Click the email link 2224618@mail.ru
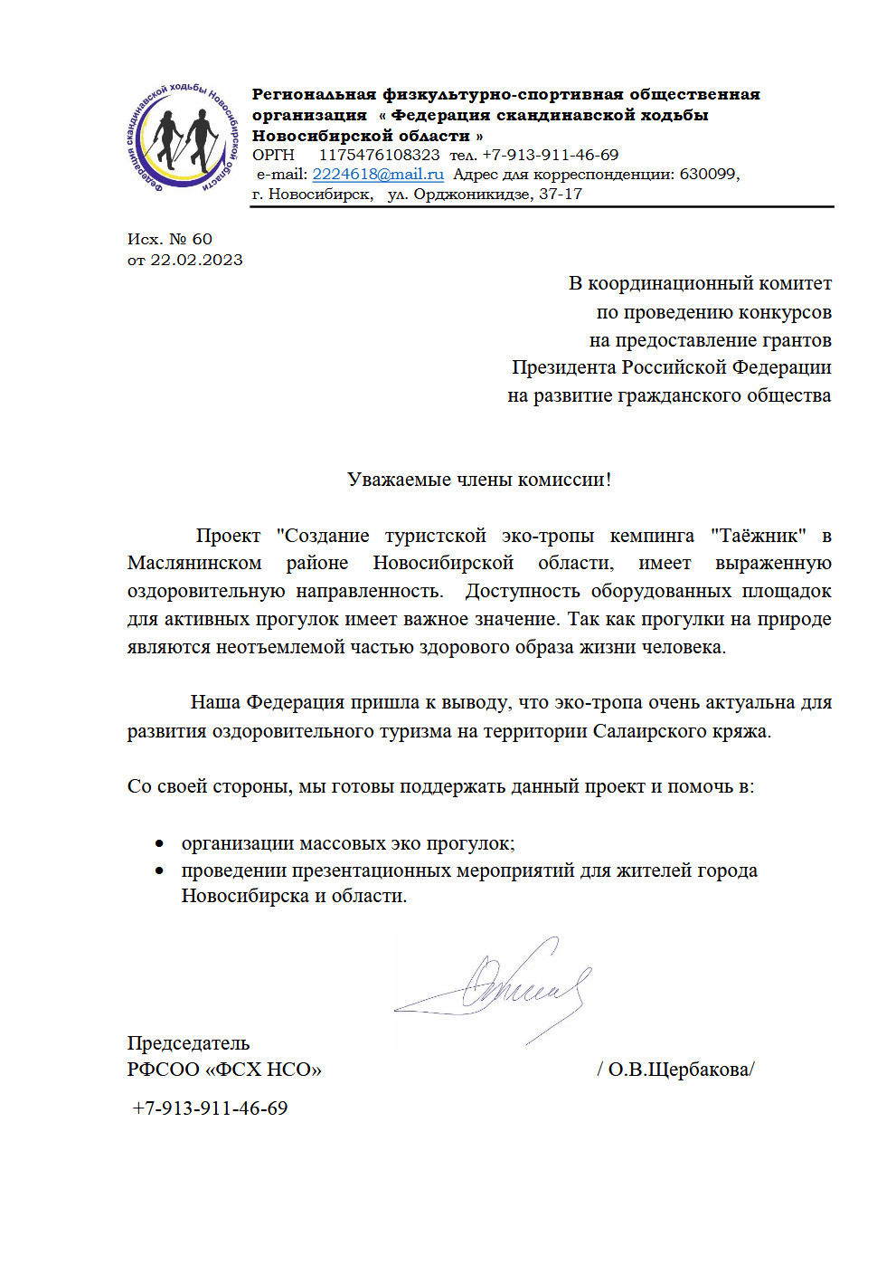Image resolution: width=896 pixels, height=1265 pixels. point(378,175)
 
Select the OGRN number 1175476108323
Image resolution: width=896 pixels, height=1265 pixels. point(379,155)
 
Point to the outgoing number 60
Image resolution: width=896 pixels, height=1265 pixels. point(203,240)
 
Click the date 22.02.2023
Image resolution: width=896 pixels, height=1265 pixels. point(196,261)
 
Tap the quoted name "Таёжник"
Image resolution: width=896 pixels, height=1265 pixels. point(758,536)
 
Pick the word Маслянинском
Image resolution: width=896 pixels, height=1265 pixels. point(194,564)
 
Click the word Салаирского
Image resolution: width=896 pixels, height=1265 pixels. point(645,731)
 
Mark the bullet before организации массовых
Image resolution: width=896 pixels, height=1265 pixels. point(160,844)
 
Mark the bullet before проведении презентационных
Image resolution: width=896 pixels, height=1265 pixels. point(160,871)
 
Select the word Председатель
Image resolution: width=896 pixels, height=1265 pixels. point(188,1043)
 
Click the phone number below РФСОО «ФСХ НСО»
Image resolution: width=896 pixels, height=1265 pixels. point(210,1108)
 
